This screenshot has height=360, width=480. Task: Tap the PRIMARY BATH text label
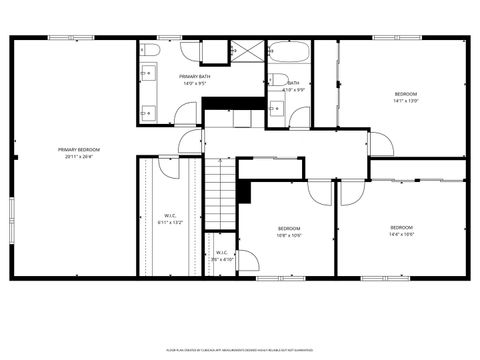pyautogui.click(x=194, y=77)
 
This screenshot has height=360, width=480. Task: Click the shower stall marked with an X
pyautogui.click(x=243, y=51)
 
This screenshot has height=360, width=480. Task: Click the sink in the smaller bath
pyautogui.click(x=276, y=110)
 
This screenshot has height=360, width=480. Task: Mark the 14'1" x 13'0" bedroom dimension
pyautogui.click(x=405, y=101)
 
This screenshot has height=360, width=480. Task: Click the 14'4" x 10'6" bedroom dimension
pyautogui.click(x=401, y=235)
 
